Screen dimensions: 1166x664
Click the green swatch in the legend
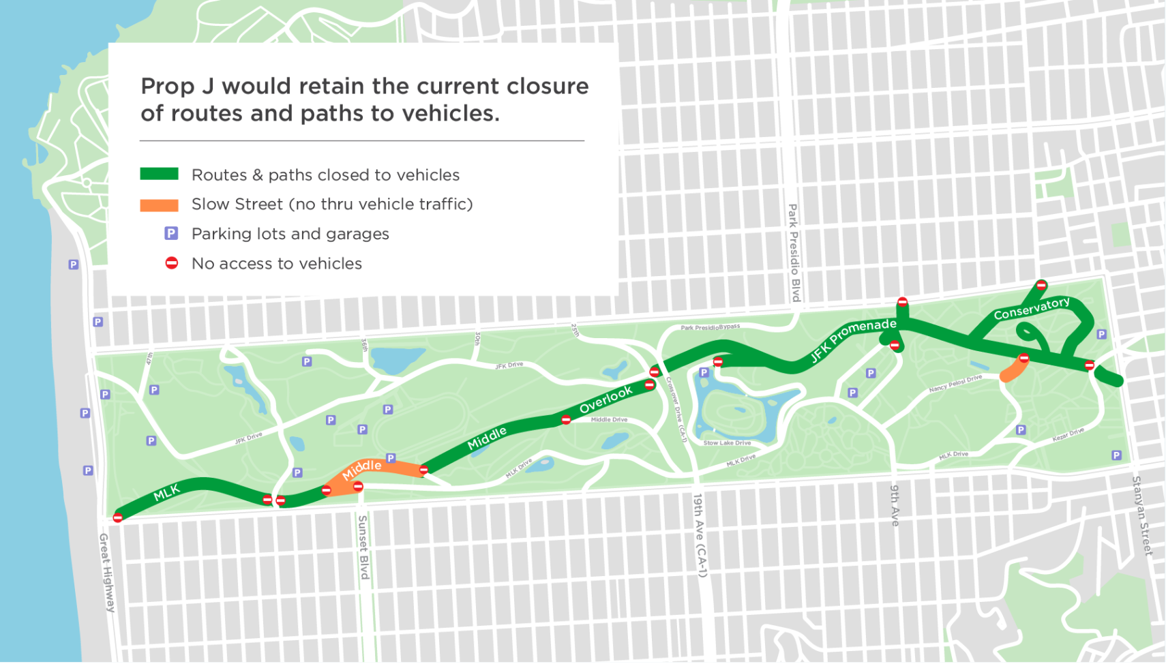coord(159,174)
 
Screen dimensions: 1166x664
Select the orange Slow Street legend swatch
coord(159,205)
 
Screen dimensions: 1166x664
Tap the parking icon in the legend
coord(171,233)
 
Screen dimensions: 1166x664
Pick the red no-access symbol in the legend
coord(172,263)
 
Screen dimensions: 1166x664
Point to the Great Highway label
coord(107,573)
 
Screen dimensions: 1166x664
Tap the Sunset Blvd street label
coord(363,547)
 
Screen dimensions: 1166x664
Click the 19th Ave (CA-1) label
coord(700,535)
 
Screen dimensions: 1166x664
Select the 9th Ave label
coord(895,505)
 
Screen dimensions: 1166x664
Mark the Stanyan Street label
coord(1142,515)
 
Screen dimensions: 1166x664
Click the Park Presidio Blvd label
coord(794,252)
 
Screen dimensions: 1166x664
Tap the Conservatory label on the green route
coord(1031,308)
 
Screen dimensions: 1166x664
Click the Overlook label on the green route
coord(606,399)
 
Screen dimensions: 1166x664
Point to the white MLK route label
coord(166,492)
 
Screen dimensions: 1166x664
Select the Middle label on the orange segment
coord(361,469)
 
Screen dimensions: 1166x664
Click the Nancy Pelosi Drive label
coord(955,383)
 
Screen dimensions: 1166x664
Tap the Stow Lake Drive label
coord(727,443)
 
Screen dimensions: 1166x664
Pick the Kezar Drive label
coord(1068,434)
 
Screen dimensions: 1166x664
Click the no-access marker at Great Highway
coord(118,518)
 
